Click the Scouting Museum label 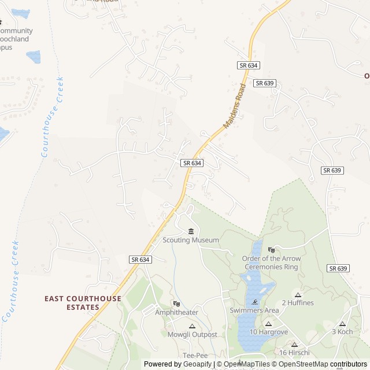(191, 240)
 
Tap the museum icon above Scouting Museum (191, 232)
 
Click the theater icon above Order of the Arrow (271, 250)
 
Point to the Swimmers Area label (254, 310)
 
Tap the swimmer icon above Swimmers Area (254, 302)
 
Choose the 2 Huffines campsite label (298, 303)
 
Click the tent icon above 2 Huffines (298, 295)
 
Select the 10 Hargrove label (268, 332)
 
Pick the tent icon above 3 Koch (342, 324)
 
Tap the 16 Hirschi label (294, 353)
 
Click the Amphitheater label (176, 312)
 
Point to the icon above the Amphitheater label (176, 304)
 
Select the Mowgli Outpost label (193, 335)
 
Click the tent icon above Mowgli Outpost (193, 327)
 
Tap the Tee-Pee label (195, 355)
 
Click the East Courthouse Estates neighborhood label (83, 303)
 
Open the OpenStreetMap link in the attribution (301, 364)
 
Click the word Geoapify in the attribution (198, 364)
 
